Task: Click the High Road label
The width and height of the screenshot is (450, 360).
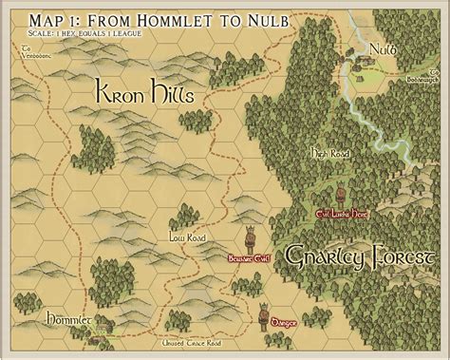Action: click(328, 152)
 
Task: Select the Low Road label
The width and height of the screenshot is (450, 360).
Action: click(182, 237)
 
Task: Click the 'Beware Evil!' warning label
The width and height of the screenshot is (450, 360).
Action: click(249, 257)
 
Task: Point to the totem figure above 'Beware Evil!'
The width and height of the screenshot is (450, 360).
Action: click(252, 237)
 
